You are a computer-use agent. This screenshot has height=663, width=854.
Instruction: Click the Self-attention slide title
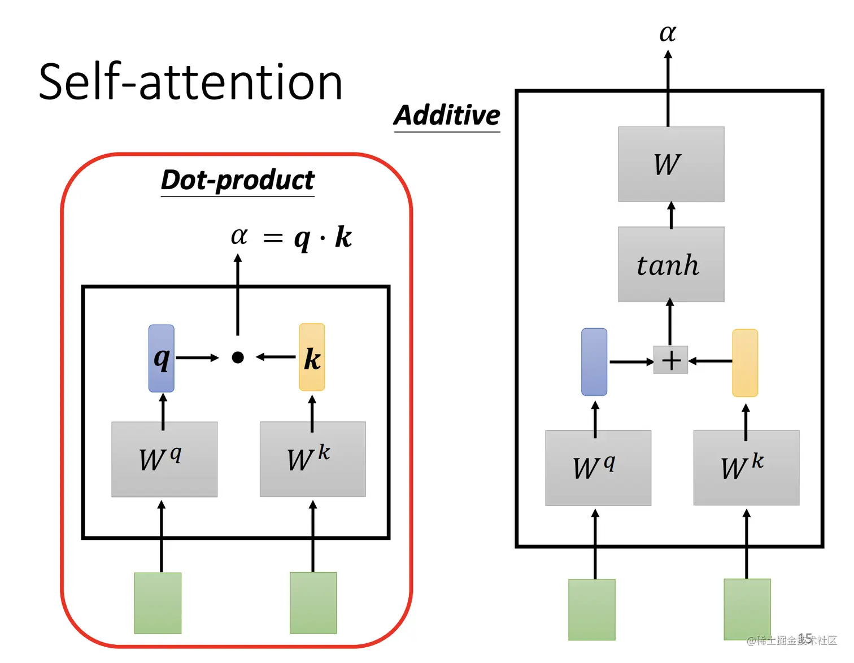190,82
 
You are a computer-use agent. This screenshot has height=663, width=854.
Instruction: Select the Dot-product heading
237,180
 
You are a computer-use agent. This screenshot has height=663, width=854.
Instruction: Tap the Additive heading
447,115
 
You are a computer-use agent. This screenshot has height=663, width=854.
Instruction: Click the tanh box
670,264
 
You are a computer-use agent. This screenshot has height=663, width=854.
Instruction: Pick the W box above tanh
670,164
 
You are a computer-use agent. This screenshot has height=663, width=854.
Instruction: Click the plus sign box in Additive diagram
670,360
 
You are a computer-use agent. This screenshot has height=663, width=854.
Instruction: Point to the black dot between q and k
238,357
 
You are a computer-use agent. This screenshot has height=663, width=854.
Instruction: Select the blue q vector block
162,358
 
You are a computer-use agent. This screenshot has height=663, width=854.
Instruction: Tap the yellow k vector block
312,357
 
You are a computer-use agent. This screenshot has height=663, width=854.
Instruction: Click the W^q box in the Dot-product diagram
164,459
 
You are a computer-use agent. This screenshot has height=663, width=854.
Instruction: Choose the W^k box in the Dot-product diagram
312,459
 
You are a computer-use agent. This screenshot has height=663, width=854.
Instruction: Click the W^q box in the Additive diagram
598,468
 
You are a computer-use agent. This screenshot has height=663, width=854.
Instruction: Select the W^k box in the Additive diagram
746,468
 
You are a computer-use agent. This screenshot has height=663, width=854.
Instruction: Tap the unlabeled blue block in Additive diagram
594,362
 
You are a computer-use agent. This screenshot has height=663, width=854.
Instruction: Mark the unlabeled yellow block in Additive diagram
745,363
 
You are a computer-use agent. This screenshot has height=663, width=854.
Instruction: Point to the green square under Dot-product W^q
158,603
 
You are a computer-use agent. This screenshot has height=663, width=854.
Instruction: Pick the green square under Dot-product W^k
313,603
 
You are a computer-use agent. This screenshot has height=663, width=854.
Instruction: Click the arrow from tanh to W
671,215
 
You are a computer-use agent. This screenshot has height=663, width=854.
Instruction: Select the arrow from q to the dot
197,357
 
